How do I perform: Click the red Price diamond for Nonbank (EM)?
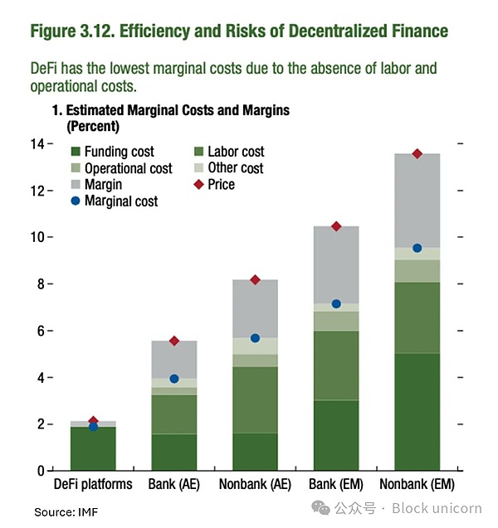[x=417, y=153]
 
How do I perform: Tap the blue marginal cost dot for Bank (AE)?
[x=174, y=379]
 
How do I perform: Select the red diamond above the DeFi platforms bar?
[x=93, y=421]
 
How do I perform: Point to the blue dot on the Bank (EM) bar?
[x=336, y=304]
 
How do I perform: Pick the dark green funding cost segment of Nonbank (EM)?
[x=417, y=412]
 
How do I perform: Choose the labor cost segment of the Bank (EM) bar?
[x=336, y=366]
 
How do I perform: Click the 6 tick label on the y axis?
[x=38, y=331]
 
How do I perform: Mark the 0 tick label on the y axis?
[x=38, y=471]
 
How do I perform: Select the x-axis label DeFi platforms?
[x=93, y=484]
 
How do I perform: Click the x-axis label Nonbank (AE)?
[x=255, y=484]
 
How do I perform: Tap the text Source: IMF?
[x=66, y=512]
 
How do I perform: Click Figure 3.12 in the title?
[x=73, y=32]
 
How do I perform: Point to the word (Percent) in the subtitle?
[x=94, y=127]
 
